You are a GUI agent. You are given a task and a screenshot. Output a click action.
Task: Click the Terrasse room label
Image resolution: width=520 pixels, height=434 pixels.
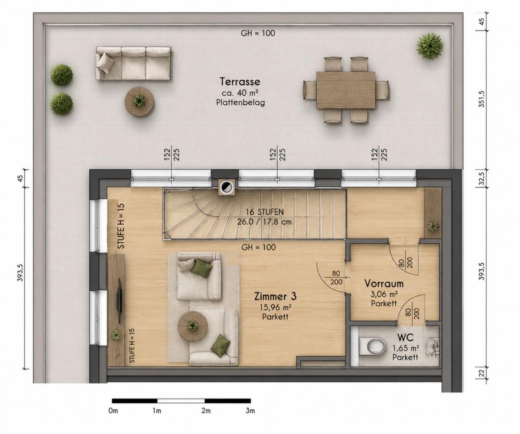[x=240, y=82]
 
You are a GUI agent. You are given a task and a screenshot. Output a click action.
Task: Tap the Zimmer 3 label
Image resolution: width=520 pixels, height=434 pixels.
[x=275, y=296]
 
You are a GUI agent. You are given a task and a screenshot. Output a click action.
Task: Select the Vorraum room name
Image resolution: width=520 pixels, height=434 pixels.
[x=384, y=283]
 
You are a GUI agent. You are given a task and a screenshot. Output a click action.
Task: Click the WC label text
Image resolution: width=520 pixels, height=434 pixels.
[x=406, y=338]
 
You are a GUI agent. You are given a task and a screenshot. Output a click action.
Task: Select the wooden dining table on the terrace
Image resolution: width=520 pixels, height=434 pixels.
[x=346, y=90]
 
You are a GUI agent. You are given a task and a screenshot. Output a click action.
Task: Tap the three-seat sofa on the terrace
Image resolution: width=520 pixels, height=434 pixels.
[x=133, y=64]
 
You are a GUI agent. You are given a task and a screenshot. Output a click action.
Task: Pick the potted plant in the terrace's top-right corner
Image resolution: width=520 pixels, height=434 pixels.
[x=430, y=46]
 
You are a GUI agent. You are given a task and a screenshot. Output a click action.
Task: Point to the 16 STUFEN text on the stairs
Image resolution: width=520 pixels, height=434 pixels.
[x=265, y=212]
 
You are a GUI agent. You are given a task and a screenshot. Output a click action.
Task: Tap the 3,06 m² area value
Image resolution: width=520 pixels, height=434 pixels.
[x=384, y=294]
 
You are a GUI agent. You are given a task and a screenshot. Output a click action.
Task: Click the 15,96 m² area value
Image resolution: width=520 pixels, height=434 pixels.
[x=276, y=307]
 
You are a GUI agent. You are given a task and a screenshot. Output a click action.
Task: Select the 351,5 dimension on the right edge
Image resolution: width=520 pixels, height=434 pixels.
[x=481, y=99]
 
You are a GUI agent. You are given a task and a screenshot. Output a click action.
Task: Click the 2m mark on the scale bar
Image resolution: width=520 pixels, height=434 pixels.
[x=206, y=411]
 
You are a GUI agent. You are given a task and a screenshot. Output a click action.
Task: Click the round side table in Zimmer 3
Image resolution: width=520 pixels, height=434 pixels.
[x=193, y=326]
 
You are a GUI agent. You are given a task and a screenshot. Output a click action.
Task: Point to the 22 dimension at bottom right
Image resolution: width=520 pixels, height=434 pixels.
[x=481, y=373]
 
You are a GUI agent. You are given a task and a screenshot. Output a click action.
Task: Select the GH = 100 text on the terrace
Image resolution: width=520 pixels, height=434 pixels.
[x=258, y=33]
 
